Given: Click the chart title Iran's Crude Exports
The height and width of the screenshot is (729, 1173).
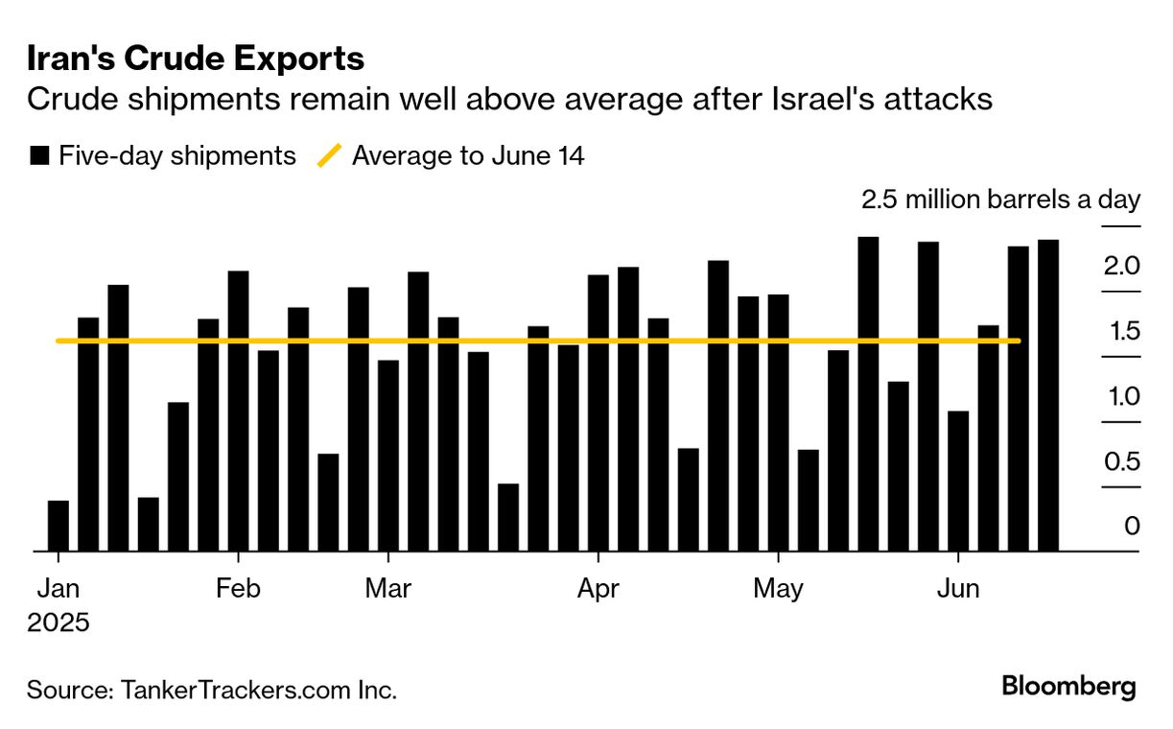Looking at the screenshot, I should pyautogui.click(x=196, y=59).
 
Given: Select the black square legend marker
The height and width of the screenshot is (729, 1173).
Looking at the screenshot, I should pyautogui.click(x=39, y=156).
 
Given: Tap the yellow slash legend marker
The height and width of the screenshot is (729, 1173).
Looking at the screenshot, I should pyautogui.click(x=329, y=156).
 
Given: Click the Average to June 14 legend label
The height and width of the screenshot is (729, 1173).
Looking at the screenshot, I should pyautogui.click(x=468, y=156).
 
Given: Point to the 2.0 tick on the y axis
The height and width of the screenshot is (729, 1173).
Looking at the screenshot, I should pyautogui.click(x=1120, y=266).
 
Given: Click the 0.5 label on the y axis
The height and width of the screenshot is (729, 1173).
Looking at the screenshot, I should pyautogui.click(x=1120, y=461).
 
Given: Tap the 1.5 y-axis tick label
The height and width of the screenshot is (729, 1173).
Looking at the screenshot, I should pyautogui.click(x=1120, y=332).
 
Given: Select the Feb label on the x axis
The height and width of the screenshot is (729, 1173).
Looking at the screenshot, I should pyautogui.click(x=238, y=588).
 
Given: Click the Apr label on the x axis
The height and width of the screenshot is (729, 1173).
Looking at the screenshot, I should pyautogui.click(x=598, y=588).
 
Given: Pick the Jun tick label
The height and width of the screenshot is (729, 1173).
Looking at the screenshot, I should pyautogui.click(x=957, y=588).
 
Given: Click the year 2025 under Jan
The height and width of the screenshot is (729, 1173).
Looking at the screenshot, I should pyautogui.click(x=59, y=622).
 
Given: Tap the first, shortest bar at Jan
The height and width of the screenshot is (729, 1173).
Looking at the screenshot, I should pyautogui.click(x=59, y=526).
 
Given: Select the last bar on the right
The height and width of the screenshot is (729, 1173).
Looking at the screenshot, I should pyautogui.click(x=1048, y=395).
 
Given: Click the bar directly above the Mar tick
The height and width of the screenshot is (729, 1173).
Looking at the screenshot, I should pyautogui.click(x=388, y=456).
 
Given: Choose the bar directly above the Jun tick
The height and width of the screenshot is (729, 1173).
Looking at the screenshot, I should pyautogui.click(x=958, y=481).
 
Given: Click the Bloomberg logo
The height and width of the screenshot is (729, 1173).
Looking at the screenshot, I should pyautogui.click(x=1068, y=687).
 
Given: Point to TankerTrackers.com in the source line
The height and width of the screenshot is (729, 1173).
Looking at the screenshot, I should pyautogui.click(x=240, y=690).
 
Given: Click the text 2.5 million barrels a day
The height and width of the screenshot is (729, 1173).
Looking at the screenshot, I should pyautogui.click(x=1000, y=200).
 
